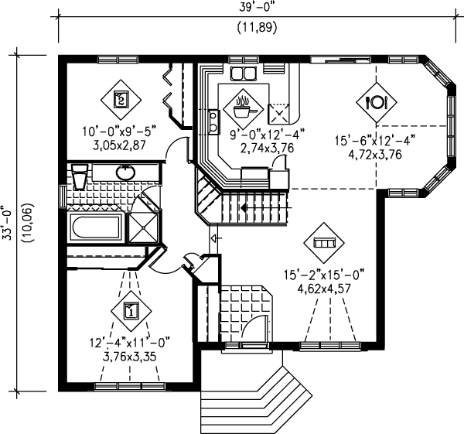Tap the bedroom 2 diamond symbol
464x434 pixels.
point(120,98)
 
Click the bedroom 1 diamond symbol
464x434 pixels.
point(131,311)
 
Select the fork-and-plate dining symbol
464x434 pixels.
point(377,101)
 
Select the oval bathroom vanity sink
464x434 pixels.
point(124,171)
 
